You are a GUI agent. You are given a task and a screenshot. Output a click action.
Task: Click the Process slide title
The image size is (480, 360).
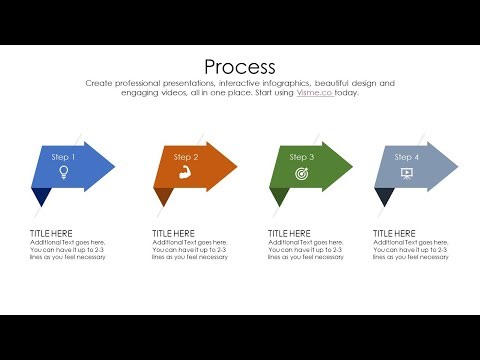point(239,66)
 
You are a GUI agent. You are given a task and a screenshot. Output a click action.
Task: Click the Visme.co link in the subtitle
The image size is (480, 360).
point(314,93)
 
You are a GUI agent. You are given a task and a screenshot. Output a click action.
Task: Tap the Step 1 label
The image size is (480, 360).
point(63,156)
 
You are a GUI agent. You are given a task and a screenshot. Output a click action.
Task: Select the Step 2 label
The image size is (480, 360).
point(186,157)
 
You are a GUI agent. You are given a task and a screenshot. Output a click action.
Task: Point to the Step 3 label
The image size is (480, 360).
point(302,157)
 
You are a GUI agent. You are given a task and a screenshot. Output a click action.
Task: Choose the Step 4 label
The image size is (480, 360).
point(406,157)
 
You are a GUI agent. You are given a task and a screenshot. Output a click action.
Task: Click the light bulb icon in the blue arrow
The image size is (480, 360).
point(63,172)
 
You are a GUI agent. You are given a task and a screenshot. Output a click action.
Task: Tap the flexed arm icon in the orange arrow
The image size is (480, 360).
point(186,173)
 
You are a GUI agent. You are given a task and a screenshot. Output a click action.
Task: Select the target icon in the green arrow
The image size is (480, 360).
point(302,173)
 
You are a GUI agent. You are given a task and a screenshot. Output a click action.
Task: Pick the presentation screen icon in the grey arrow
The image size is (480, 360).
point(406,173)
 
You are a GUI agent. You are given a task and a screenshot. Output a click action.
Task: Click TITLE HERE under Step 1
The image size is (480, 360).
point(51,234)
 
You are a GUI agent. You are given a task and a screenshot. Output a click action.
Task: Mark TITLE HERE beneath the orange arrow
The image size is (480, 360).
point(173,234)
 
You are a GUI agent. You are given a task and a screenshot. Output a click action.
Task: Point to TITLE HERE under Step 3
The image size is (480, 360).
point(289,234)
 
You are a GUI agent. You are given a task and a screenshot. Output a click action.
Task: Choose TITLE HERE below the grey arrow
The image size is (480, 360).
point(394,234)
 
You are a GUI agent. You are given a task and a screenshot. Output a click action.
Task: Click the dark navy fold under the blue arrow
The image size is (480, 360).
point(41,196)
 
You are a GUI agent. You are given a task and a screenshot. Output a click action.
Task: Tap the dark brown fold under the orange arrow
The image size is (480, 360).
point(165,196)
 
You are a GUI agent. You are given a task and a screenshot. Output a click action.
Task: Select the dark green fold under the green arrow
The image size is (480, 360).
point(280,196)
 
